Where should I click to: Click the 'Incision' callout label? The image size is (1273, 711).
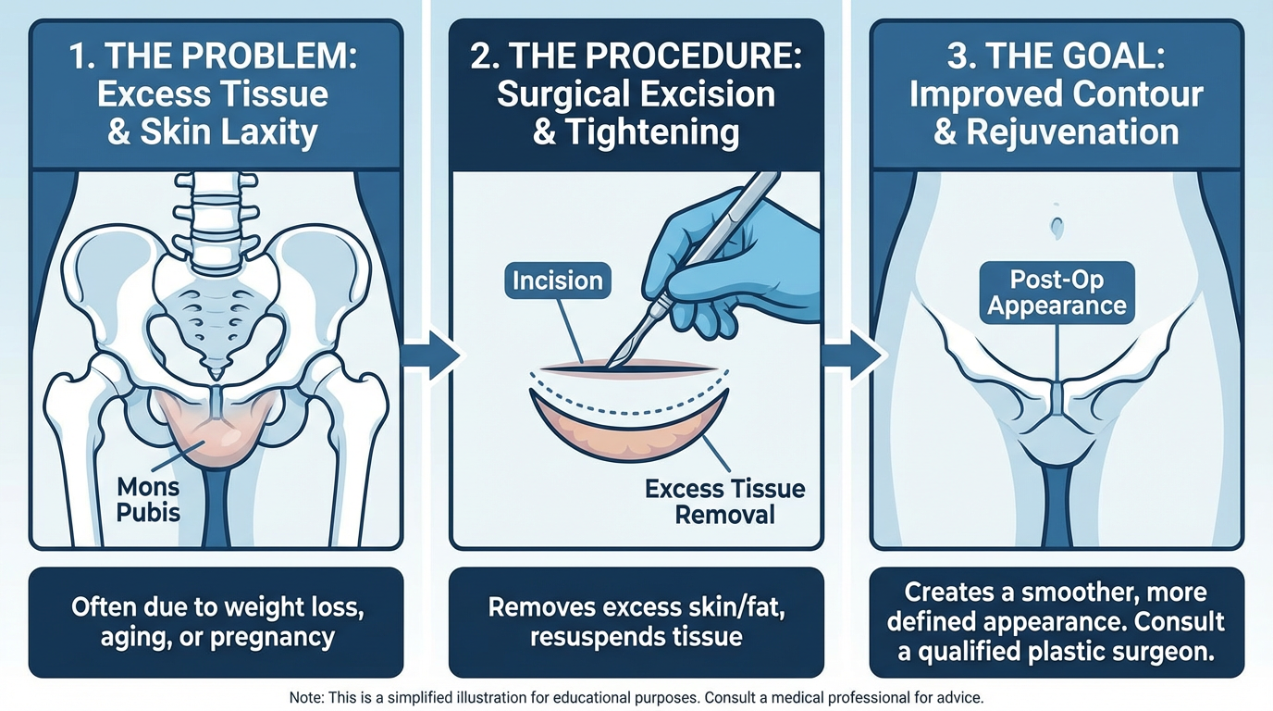pyautogui.click(x=558, y=281)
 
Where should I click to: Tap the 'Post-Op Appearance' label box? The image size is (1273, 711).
pyautogui.click(x=1057, y=293)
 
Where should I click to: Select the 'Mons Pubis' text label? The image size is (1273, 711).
pyautogui.click(x=148, y=498)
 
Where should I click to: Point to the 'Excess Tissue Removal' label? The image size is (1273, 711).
pyautogui.click(x=724, y=501)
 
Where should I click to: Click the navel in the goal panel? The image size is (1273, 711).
pyautogui.click(x=1057, y=224)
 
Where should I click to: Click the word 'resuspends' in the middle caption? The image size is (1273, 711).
pyautogui.click(x=581, y=638)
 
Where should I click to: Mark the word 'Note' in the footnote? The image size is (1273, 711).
pyautogui.click(x=306, y=697)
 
